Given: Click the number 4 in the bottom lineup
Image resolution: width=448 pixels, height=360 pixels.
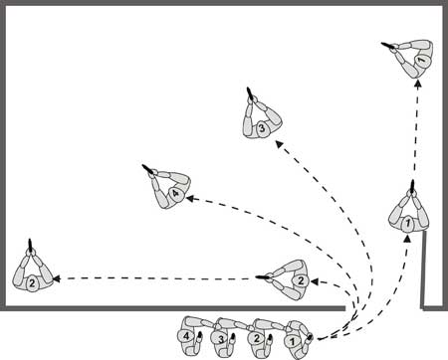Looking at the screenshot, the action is (x=186, y=336).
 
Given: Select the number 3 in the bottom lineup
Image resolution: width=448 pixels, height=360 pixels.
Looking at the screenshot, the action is (x=221, y=339).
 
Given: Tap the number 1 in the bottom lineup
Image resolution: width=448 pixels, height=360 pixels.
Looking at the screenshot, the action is (x=293, y=342).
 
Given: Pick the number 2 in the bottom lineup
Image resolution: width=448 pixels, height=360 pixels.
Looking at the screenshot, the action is (x=257, y=339).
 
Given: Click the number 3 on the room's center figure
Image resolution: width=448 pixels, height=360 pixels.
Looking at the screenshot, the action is (x=262, y=127).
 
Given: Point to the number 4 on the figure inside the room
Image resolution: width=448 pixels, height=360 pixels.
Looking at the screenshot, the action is (x=176, y=194).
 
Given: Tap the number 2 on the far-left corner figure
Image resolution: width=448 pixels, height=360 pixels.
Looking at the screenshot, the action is (x=32, y=283).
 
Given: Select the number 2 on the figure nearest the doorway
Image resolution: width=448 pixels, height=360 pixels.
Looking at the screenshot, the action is (x=301, y=281).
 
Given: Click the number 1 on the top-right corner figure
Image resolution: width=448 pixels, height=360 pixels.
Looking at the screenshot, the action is (x=420, y=60).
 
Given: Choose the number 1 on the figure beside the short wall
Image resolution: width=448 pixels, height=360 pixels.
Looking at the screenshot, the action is (x=408, y=224).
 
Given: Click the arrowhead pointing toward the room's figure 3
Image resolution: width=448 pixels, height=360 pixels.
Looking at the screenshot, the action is (x=279, y=143).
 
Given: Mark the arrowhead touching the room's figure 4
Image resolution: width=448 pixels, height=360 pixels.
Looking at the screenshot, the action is (x=189, y=199).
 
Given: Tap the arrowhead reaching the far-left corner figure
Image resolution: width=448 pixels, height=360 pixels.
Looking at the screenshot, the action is (x=57, y=279).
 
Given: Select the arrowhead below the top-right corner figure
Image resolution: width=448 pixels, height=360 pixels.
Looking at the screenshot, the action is (x=418, y=84).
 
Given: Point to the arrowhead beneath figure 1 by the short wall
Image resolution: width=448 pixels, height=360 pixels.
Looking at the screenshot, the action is (x=407, y=239).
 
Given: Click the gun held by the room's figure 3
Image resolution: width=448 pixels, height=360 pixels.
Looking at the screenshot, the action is (x=250, y=93).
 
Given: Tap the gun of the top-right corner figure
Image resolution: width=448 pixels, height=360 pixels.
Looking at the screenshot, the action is (x=388, y=46).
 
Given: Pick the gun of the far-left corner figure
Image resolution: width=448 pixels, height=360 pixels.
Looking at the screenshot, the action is (x=31, y=246).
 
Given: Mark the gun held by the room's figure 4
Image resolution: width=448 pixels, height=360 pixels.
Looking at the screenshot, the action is (x=148, y=169).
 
